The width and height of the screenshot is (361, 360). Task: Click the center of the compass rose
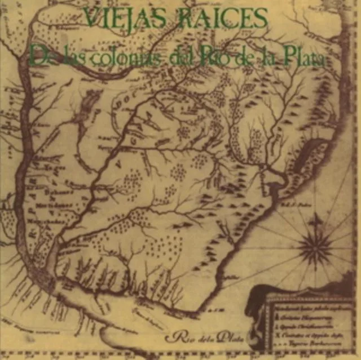(315, 246)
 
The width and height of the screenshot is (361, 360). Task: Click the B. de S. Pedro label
(302, 202)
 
